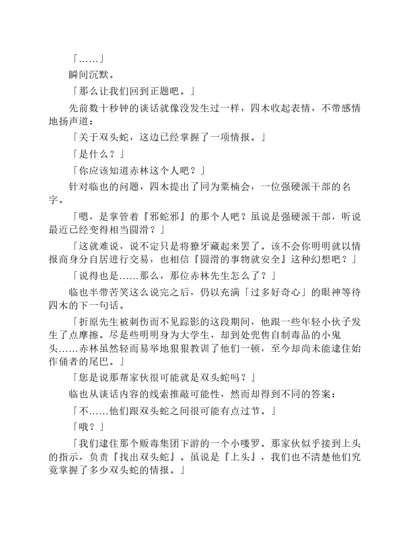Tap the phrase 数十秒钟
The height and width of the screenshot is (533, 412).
pos(109,109)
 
